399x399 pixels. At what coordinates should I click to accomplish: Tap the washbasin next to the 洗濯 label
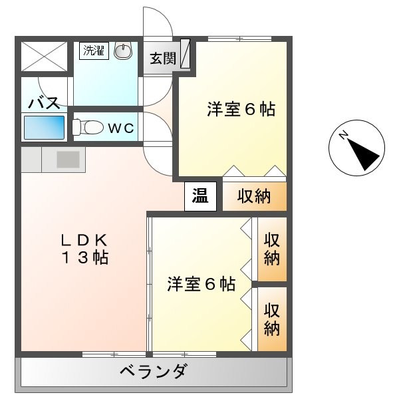click(x=123, y=51)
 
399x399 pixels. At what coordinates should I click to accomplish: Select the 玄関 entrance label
click(x=161, y=58)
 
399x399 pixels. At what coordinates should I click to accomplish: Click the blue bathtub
click(x=45, y=126)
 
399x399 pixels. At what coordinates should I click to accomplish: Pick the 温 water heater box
click(x=200, y=196)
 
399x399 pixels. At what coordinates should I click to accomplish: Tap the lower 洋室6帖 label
click(x=200, y=284)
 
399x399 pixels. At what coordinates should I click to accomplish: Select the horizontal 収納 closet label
click(x=253, y=197)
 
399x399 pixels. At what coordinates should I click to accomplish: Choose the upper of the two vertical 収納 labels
click(x=271, y=249)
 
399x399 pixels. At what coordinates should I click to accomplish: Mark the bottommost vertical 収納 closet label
click(x=271, y=319)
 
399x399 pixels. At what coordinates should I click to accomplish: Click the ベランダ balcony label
click(x=153, y=371)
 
